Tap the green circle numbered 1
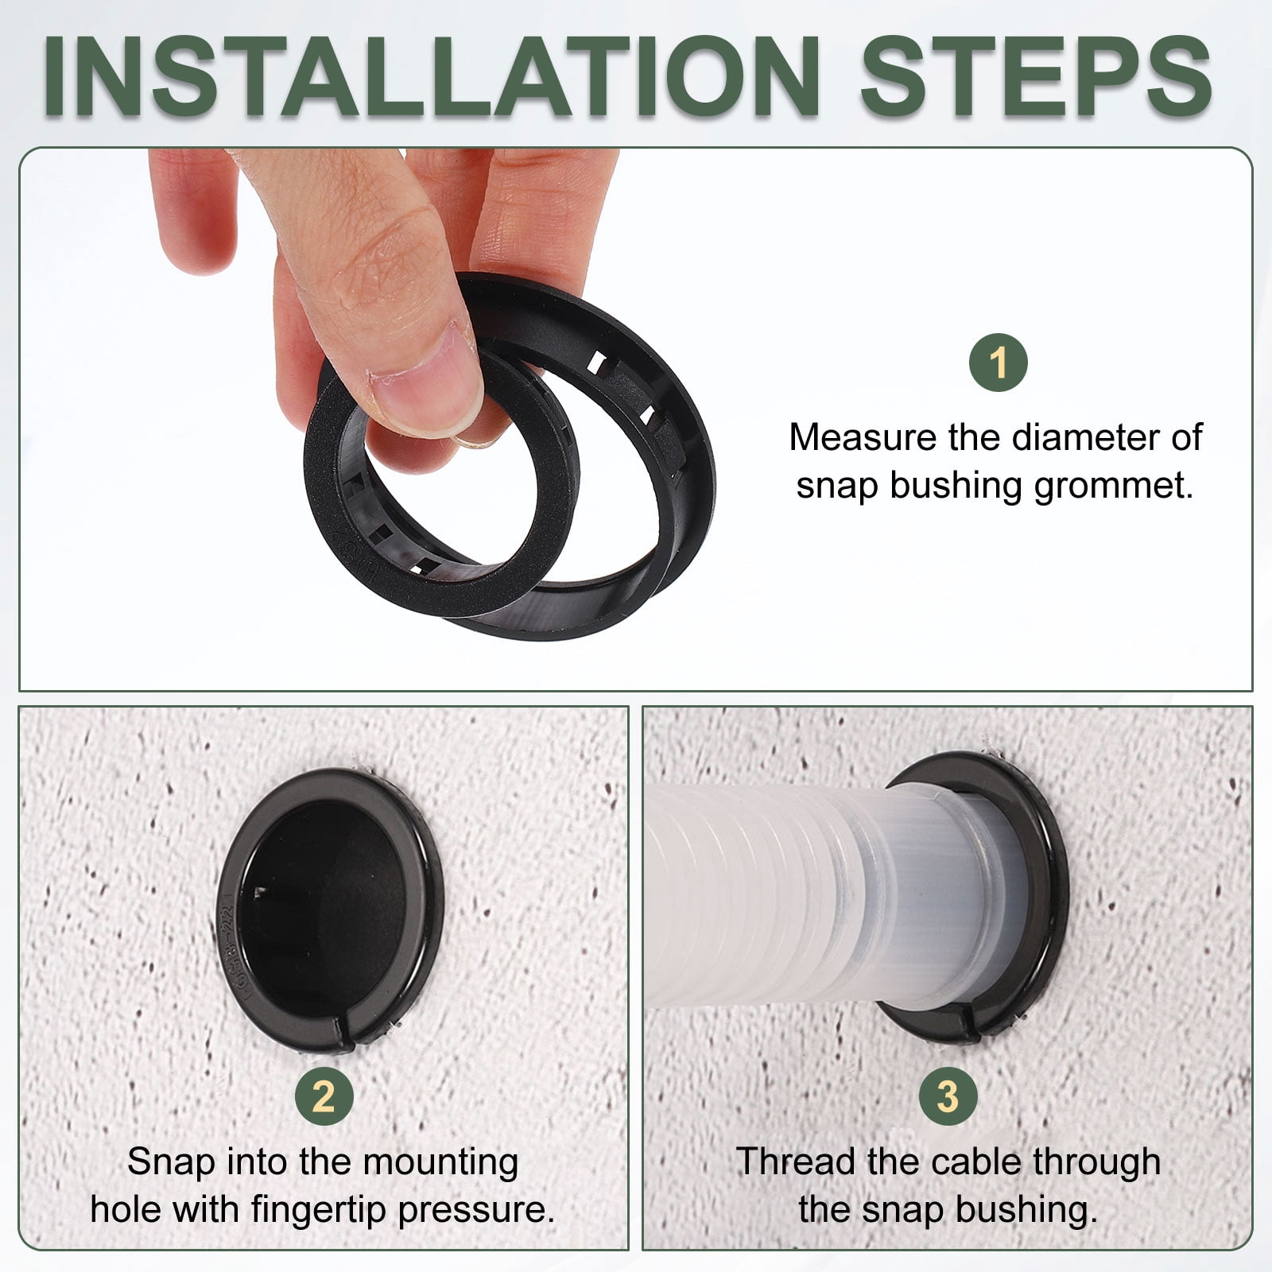(x=999, y=363)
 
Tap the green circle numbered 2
(x=324, y=1097)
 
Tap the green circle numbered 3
(x=948, y=1097)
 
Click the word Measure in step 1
(x=863, y=437)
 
